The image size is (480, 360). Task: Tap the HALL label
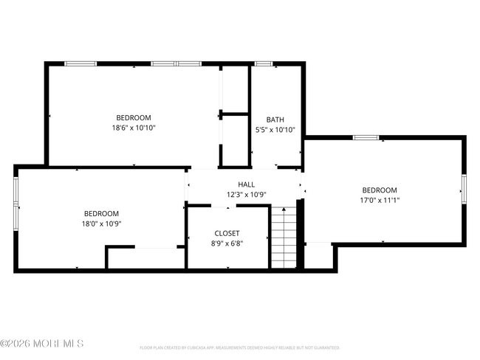pyautogui.click(x=246, y=184)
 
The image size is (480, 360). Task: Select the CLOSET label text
pyautogui.click(x=227, y=233)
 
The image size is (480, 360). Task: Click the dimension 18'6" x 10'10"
pyautogui.click(x=134, y=128)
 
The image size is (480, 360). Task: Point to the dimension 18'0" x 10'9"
pyautogui.click(x=101, y=224)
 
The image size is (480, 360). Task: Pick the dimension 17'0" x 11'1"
pyautogui.click(x=379, y=200)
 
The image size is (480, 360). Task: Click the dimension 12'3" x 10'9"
pyautogui.click(x=246, y=195)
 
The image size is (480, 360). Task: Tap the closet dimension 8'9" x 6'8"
pyautogui.click(x=227, y=243)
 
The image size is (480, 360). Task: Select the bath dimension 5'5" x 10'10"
pyautogui.click(x=275, y=130)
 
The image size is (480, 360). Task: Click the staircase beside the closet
pyautogui.click(x=284, y=238)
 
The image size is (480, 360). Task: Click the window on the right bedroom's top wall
pyautogui.click(x=366, y=137)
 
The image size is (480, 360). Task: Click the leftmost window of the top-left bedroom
pyautogui.click(x=80, y=64)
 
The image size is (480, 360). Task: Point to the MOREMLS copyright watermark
pyautogui.click(x=42, y=344)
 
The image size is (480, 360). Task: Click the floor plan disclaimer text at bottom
pyautogui.click(x=239, y=347)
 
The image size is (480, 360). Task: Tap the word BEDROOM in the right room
pyautogui.click(x=379, y=190)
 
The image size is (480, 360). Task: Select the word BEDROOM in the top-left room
pyautogui.click(x=134, y=117)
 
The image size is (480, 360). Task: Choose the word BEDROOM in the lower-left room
pyautogui.click(x=101, y=213)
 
